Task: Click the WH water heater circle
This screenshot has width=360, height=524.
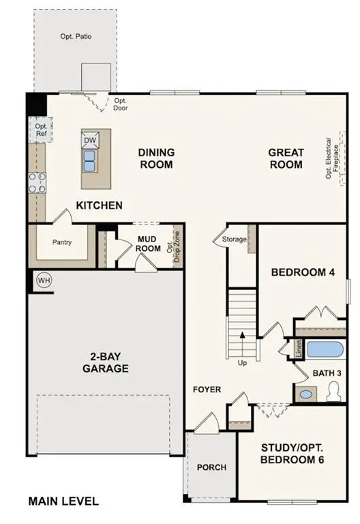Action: pyautogui.click(x=44, y=280)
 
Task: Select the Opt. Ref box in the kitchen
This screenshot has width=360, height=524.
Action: pyautogui.click(x=41, y=130)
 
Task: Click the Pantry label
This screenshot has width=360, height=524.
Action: pyautogui.click(x=62, y=242)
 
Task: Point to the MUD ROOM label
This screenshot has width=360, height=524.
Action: pyautogui.click(x=148, y=244)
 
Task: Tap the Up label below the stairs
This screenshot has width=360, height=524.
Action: pyautogui.click(x=242, y=363)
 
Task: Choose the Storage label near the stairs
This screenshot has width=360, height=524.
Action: pyautogui.click(x=233, y=239)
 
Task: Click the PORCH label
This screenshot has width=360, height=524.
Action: pyautogui.click(x=211, y=467)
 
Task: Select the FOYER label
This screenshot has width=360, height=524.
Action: pyautogui.click(x=207, y=390)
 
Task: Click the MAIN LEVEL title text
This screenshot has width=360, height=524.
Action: pyautogui.click(x=63, y=501)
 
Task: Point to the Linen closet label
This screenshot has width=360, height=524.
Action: pyautogui.click(x=299, y=349)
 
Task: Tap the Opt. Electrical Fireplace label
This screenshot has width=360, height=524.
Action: pyautogui.click(x=332, y=158)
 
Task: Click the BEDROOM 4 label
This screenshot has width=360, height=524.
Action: pyautogui.click(x=303, y=272)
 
